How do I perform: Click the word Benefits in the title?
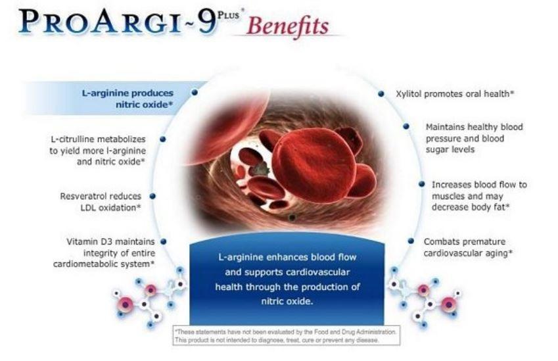[287, 26]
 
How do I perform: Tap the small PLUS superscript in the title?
[228, 15]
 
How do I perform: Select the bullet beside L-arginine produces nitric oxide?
[195, 93]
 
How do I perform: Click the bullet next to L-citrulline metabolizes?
[162, 139]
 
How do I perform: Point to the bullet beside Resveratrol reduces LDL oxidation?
[152, 196]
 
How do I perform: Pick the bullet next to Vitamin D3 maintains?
[164, 242]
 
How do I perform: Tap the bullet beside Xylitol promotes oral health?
[381, 93]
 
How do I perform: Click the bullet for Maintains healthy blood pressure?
[406, 126]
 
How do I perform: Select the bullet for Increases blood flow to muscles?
[422, 184]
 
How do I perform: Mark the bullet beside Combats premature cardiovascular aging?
[411, 241]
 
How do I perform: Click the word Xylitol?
[409, 94]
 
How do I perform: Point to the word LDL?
[88, 208]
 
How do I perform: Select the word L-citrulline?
[73, 139]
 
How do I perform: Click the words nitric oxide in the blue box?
[287, 302]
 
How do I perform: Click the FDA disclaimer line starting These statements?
[286, 332]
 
